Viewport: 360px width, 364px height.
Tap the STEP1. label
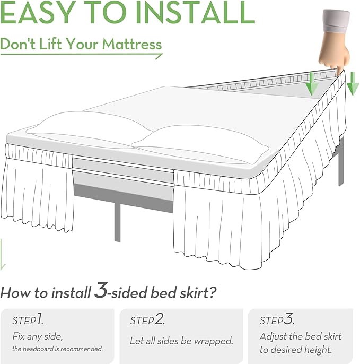[29, 320]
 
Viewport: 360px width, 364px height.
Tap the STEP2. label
[147, 320]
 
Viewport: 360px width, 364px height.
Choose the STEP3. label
[276, 320]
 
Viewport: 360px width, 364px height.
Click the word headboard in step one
[41, 349]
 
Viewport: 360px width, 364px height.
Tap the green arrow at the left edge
[3, 254]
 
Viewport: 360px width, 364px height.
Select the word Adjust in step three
[273, 336]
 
